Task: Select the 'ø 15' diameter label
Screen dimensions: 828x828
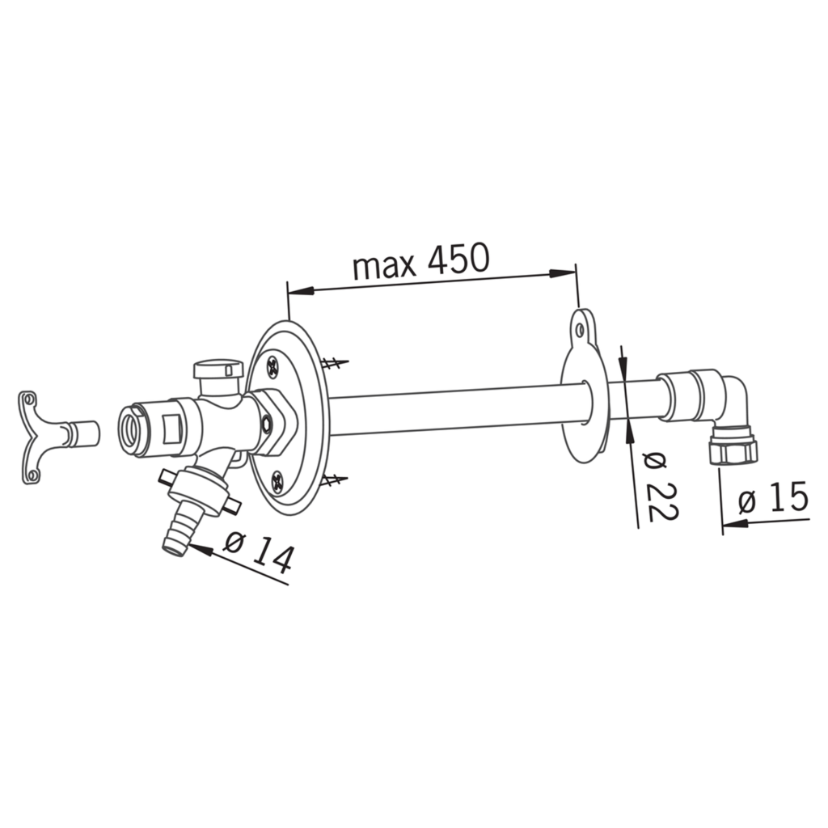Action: tap(773, 497)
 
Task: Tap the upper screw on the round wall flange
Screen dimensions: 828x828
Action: tap(273, 367)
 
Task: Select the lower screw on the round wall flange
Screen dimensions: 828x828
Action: tap(277, 484)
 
